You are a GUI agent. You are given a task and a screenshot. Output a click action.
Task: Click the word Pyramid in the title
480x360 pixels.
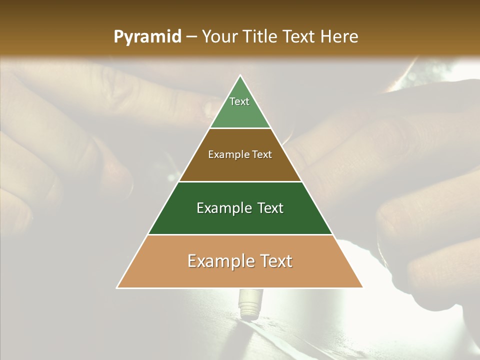[147, 37]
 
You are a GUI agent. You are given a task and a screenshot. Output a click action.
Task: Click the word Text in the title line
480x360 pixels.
[300, 37]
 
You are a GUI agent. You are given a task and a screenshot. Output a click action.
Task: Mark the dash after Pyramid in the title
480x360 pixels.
[191, 37]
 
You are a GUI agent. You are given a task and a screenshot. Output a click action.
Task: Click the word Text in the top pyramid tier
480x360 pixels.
[239, 101]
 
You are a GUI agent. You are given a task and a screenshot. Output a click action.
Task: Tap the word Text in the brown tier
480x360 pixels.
[262, 155]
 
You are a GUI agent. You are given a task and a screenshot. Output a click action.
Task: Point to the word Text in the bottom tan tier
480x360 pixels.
[273, 261]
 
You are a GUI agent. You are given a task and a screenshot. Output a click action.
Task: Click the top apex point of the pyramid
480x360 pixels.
[240, 75]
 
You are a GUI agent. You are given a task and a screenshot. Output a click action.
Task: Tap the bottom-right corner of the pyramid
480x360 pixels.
[362, 287]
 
